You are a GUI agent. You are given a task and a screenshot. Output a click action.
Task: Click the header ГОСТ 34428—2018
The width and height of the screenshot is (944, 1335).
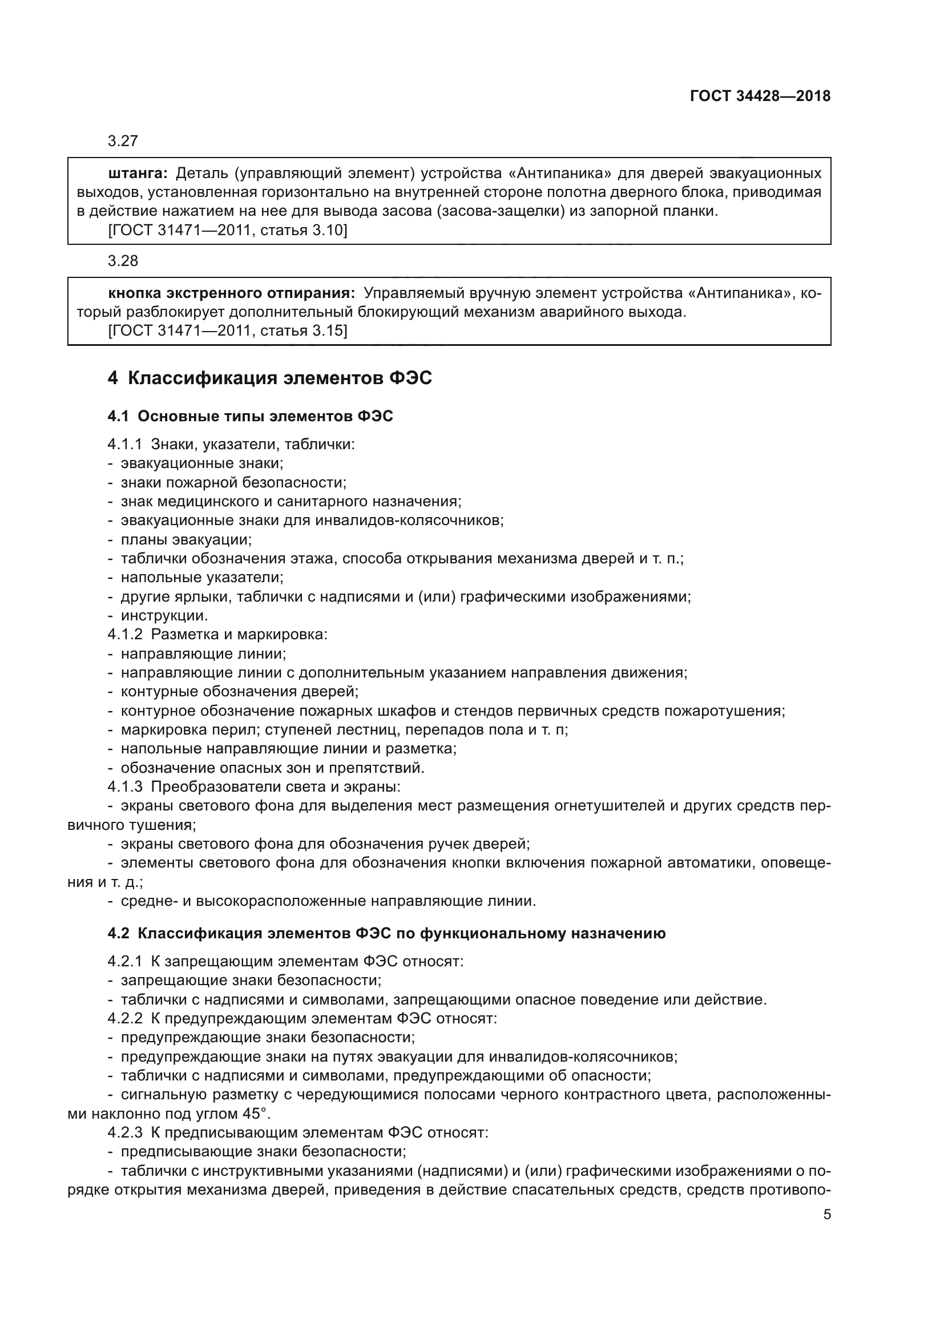[x=760, y=96]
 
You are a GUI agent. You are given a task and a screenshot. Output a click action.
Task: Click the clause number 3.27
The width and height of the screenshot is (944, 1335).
[x=123, y=141]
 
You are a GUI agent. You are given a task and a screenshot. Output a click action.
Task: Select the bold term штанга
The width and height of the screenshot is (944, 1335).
[x=138, y=174]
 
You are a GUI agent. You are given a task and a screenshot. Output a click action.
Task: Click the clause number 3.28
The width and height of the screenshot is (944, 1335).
[x=123, y=260]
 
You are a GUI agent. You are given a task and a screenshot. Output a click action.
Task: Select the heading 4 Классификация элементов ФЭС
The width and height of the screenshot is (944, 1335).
[x=270, y=378]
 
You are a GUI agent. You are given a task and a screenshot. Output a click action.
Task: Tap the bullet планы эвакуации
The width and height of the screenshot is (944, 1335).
[x=186, y=539]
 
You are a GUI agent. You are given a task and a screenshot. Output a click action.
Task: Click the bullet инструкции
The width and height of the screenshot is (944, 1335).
[x=164, y=615]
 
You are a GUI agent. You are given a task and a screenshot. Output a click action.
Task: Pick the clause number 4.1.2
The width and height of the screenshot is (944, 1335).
[x=125, y=634]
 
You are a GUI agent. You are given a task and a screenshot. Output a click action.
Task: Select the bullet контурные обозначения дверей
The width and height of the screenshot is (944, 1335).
[x=239, y=691]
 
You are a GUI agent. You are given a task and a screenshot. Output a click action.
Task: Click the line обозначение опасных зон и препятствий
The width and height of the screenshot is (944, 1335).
[x=272, y=768]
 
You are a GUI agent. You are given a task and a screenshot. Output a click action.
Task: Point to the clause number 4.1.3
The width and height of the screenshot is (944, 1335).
[x=125, y=787]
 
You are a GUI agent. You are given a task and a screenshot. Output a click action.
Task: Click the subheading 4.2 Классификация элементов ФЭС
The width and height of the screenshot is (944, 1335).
[x=386, y=933]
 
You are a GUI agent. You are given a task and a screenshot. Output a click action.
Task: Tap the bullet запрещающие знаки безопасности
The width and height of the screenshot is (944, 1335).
[x=251, y=980]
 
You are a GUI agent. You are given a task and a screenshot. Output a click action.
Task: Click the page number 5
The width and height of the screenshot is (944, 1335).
[x=826, y=1215]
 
